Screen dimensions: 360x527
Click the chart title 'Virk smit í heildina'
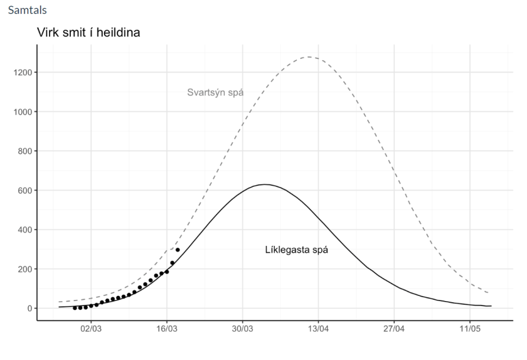88,33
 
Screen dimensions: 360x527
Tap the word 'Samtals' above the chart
23,11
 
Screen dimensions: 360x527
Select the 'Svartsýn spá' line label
215,93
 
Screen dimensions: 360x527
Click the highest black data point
178,250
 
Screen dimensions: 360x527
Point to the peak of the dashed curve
309,57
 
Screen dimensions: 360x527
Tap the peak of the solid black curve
265,184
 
